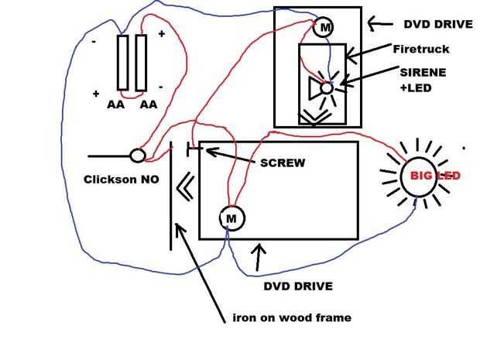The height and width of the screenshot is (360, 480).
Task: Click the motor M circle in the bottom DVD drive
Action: (x=231, y=219)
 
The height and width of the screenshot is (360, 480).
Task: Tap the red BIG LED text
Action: (x=435, y=177)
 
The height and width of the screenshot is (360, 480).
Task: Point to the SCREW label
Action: (x=283, y=163)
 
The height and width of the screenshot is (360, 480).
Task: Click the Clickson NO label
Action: (x=121, y=179)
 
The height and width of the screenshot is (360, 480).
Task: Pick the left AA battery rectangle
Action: (x=123, y=63)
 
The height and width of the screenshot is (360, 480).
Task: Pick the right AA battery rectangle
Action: (x=141, y=63)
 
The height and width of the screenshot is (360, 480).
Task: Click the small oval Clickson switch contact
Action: (x=137, y=156)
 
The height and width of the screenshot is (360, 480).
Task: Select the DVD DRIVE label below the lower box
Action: (x=298, y=286)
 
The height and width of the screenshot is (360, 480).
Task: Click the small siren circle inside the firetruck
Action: (x=327, y=88)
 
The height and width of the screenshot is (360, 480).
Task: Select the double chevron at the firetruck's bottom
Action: (x=314, y=115)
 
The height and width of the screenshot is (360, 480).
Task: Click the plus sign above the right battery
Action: (x=161, y=34)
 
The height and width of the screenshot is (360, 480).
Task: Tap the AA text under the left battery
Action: (x=115, y=104)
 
